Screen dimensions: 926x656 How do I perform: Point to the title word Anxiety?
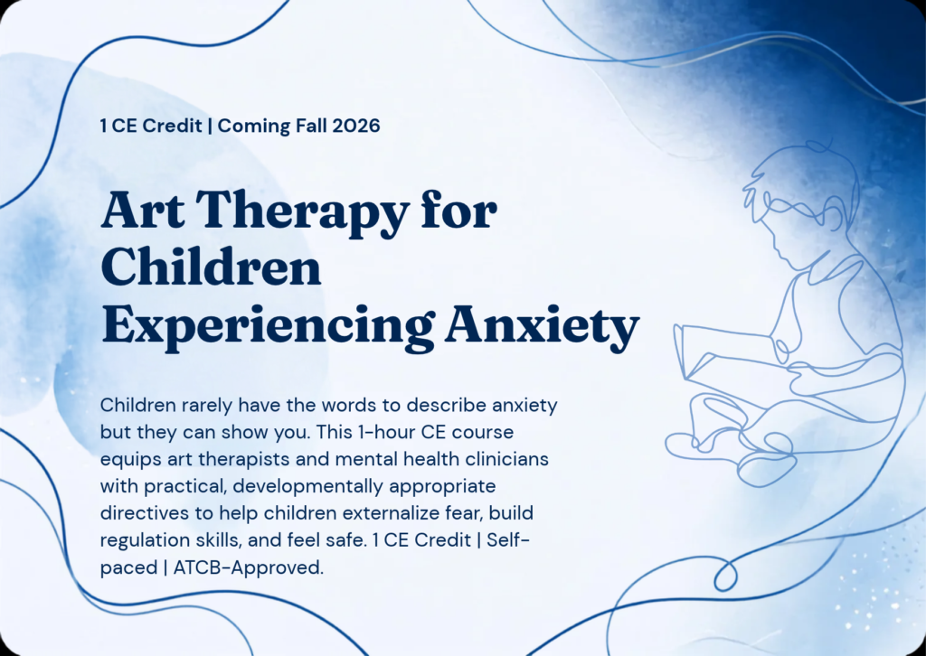coord(543,328)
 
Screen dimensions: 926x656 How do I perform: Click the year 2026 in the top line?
coord(356,126)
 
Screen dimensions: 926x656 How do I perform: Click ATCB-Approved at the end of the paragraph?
coord(249,567)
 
